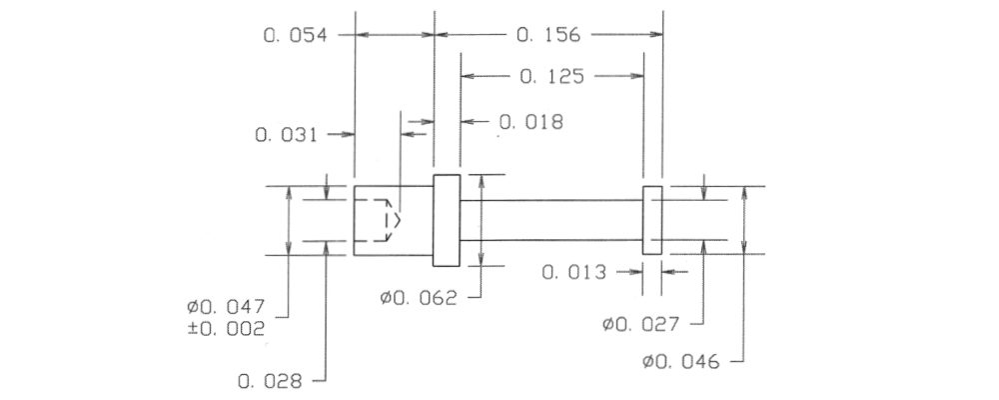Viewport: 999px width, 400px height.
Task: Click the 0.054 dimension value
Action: (x=295, y=35)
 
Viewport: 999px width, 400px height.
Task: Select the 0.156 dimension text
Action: (x=548, y=35)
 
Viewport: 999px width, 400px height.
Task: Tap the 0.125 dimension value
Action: (x=551, y=77)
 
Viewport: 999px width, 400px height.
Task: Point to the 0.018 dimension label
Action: (x=531, y=122)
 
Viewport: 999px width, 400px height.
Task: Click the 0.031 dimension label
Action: (x=286, y=135)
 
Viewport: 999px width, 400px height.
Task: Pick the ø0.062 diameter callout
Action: (x=419, y=298)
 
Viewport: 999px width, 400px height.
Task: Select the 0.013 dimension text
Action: (x=574, y=273)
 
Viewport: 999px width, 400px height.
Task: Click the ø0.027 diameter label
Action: (x=641, y=324)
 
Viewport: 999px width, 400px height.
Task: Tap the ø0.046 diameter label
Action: (x=681, y=362)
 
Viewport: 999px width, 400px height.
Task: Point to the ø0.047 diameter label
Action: (x=226, y=307)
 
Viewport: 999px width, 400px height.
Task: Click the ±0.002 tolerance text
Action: (x=226, y=329)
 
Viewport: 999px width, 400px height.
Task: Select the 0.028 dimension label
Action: (x=270, y=382)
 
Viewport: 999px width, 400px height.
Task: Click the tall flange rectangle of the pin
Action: (x=447, y=220)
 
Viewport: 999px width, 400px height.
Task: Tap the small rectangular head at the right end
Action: (x=652, y=220)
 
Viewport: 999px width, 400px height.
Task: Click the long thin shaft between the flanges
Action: (x=551, y=220)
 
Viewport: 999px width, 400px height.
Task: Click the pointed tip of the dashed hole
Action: (x=401, y=220)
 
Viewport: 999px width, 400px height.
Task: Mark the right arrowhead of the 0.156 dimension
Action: (x=656, y=34)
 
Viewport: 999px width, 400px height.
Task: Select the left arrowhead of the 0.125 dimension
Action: (x=468, y=77)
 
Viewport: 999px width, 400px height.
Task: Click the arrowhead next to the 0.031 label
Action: (x=348, y=135)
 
